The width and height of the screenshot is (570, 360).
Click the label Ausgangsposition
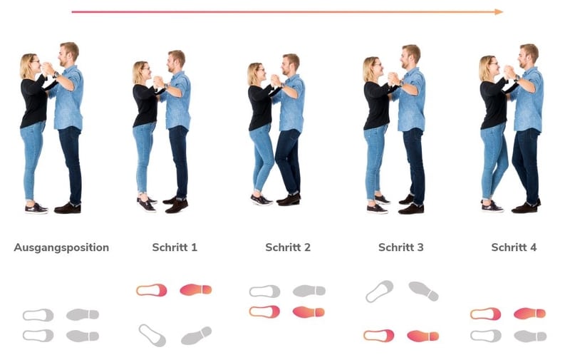tap(61, 247)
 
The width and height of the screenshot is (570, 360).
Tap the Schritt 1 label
tap(175, 247)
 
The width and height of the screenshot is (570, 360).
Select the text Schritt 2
tap(288, 247)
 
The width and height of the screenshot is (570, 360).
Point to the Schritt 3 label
tap(401, 247)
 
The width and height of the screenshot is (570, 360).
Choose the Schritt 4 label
tap(514, 247)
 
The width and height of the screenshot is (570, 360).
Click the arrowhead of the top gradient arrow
tap(499, 11)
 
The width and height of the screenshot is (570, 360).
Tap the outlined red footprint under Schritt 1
tap(152, 290)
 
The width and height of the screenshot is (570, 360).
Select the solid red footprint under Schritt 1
tap(196, 289)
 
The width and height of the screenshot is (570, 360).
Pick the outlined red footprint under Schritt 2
tap(264, 312)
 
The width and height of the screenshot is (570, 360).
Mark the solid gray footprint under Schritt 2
tap(309, 291)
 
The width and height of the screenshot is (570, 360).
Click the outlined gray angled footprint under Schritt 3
tap(379, 291)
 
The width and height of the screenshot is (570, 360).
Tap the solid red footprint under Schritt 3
tap(423, 336)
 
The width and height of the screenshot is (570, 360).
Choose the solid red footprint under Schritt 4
tap(529, 313)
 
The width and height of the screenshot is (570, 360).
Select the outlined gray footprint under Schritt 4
tap(485, 335)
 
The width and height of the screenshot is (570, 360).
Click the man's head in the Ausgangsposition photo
tap(69, 51)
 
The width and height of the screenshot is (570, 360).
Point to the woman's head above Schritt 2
tap(255, 72)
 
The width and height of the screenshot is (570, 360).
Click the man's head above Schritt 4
tap(528, 53)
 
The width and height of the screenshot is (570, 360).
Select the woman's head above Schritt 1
tap(140, 71)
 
